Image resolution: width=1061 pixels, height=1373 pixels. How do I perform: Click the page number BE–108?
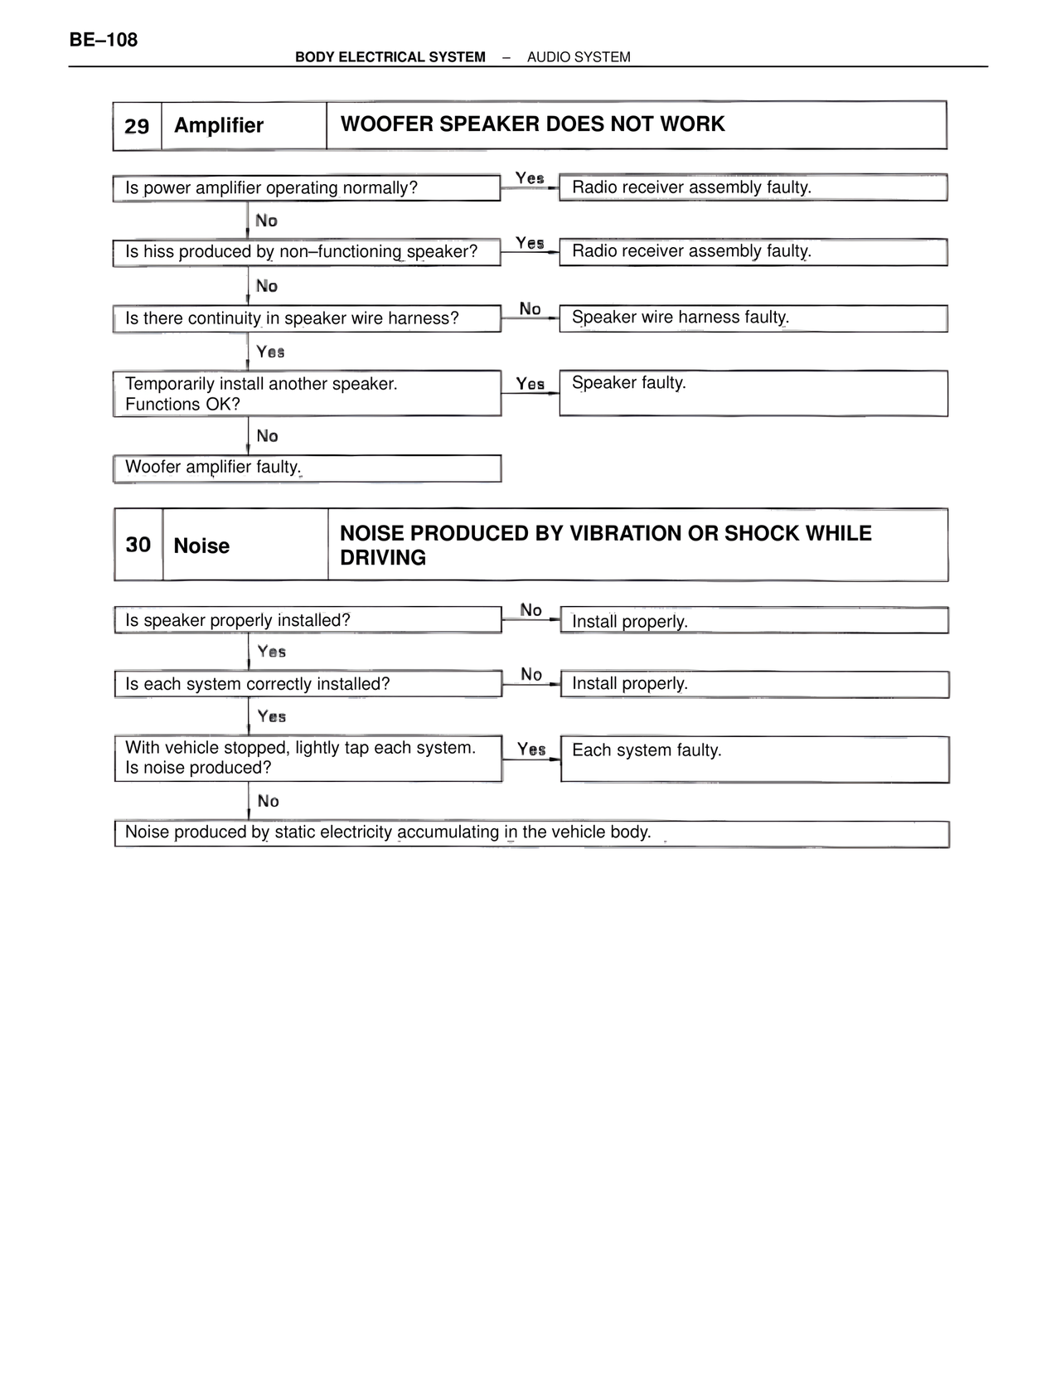click(104, 40)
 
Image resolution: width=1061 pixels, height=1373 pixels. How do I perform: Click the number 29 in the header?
click(137, 126)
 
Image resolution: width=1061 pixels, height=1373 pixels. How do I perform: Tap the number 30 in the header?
click(138, 545)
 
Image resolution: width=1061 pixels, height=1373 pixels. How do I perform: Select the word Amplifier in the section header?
click(219, 125)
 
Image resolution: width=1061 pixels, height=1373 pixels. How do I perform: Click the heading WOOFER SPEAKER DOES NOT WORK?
click(532, 124)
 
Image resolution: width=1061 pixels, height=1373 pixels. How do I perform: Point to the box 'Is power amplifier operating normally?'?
click(306, 188)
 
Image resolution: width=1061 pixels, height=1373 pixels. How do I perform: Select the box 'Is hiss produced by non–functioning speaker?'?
click(306, 252)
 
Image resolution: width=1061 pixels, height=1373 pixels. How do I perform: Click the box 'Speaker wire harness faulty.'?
click(753, 318)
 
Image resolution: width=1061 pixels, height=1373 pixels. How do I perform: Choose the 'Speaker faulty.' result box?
click(753, 393)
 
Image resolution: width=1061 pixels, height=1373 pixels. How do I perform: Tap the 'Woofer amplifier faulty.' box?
click(307, 468)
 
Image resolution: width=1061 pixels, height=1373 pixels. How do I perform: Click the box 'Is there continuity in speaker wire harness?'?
click(307, 318)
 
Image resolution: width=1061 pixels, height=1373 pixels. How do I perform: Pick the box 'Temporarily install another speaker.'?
click(307, 393)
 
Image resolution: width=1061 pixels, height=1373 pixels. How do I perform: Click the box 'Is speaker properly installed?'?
click(308, 620)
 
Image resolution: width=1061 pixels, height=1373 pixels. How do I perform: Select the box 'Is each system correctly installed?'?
click(308, 684)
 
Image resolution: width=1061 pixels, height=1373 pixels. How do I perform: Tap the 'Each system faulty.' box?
click(754, 759)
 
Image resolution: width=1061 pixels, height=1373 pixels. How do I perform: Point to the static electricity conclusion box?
click(531, 833)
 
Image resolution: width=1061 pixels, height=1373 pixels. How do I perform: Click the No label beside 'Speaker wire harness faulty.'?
click(530, 309)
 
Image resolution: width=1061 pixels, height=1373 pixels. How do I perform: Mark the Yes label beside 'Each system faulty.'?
click(531, 750)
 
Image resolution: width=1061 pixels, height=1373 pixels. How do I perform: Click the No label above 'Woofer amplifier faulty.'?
click(267, 436)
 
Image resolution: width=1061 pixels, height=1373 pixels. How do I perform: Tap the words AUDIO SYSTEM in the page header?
click(579, 57)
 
